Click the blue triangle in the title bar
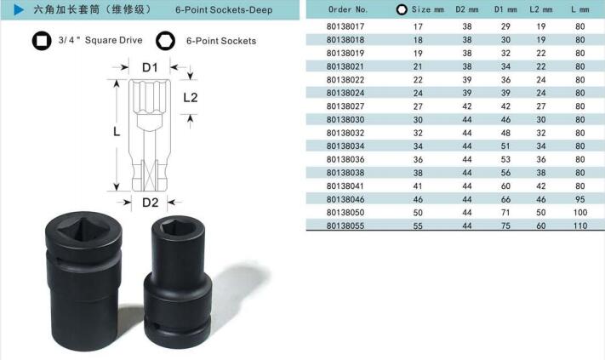click(19, 9)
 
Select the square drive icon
click(42, 41)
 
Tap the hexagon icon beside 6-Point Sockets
click(166, 41)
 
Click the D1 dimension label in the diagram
click(150, 68)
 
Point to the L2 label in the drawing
click(191, 98)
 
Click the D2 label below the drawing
click(150, 203)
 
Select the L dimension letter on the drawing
click(117, 132)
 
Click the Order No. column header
click(348, 9)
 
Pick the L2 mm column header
click(541, 9)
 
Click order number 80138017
click(345, 26)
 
